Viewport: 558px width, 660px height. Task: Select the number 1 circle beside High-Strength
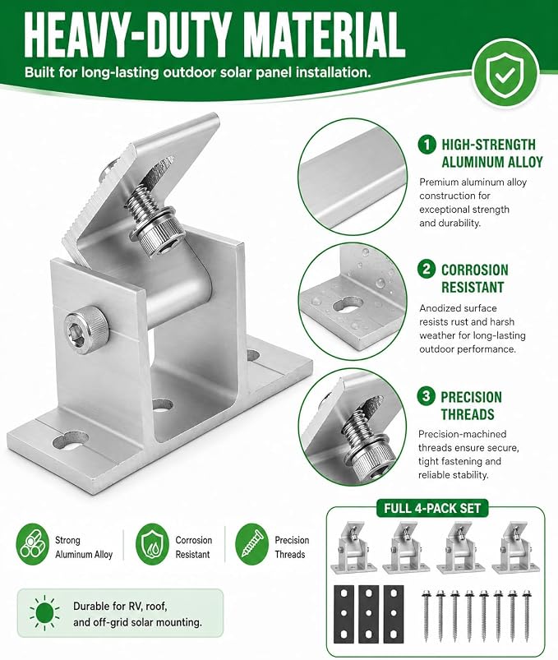tap(427, 145)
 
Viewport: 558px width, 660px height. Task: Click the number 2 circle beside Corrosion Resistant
tap(427, 269)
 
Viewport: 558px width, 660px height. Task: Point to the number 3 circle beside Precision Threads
tap(427, 396)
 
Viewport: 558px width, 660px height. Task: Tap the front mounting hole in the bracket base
tap(71, 443)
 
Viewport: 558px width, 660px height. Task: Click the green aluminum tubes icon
tap(33, 544)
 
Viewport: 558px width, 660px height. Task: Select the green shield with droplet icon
tap(152, 544)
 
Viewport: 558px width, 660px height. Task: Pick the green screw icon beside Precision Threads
tap(251, 544)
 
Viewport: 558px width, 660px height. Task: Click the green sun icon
tap(44, 613)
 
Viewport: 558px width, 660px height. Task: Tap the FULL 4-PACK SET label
tap(431, 508)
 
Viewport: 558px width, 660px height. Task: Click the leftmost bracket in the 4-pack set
tap(353, 547)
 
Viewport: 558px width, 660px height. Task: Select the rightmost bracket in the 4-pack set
tap(515, 547)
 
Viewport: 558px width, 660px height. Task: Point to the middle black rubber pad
tap(369, 614)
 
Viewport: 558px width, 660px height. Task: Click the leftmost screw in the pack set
tap(426, 616)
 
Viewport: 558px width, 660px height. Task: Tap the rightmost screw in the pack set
tap(526, 616)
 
